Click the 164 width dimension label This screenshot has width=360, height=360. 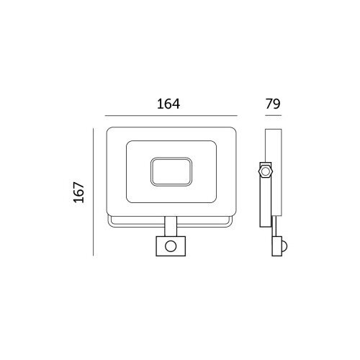[x=168, y=104]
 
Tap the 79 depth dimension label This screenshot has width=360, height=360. [x=273, y=104]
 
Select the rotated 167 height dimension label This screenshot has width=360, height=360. [x=79, y=192]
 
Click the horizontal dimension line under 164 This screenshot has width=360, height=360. [x=171, y=116]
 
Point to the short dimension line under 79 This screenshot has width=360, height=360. [x=273, y=116]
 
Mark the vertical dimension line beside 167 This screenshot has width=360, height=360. [x=93, y=192]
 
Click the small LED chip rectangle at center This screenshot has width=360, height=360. [x=171, y=171]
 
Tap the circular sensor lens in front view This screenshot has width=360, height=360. [x=171, y=246]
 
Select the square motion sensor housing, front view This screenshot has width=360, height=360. [x=171, y=246]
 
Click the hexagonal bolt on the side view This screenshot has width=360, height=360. [x=266, y=171]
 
